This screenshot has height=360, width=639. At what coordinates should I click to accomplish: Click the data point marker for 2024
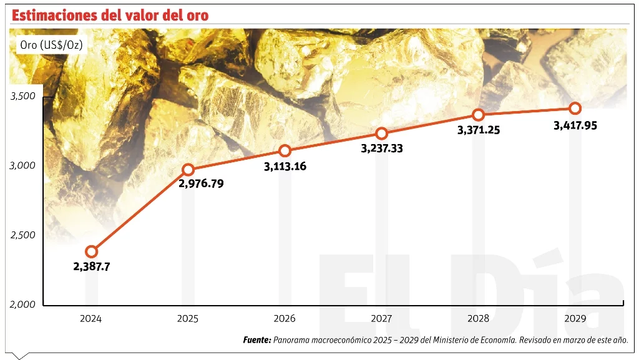(x=92, y=251)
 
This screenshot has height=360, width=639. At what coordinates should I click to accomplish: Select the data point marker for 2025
(x=188, y=170)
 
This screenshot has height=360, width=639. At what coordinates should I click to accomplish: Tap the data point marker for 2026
(x=285, y=150)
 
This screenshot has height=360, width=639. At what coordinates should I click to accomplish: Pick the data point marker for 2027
(x=381, y=134)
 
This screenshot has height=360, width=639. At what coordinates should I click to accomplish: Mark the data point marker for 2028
(x=478, y=115)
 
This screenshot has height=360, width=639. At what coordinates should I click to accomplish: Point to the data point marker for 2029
(x=575, y=108)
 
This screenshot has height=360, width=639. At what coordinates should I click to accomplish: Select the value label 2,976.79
(x=201, y=183)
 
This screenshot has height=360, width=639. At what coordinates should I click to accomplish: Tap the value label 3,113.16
(x=285, y=166)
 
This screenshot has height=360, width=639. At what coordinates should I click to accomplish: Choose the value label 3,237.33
(x=382, y=149)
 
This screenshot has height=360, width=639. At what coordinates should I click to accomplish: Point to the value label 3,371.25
(x=479, y=130)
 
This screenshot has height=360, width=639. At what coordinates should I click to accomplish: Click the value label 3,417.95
(x=575, y=125)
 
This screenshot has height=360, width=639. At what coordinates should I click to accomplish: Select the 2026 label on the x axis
(x=285, y=318)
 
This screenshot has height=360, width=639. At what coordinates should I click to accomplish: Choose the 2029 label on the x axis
(x=575, y=318)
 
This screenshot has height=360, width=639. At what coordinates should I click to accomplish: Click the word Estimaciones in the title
(x=53, y=15)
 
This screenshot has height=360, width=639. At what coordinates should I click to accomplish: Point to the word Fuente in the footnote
(x=256, y=340)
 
